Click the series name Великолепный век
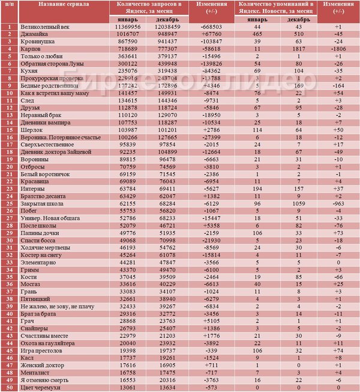[46, 28]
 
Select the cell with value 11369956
[128, 28]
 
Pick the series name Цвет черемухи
[41, 387]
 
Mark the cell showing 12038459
[168, 28]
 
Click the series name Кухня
[30, 71]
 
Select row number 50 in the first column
[9, 387]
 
